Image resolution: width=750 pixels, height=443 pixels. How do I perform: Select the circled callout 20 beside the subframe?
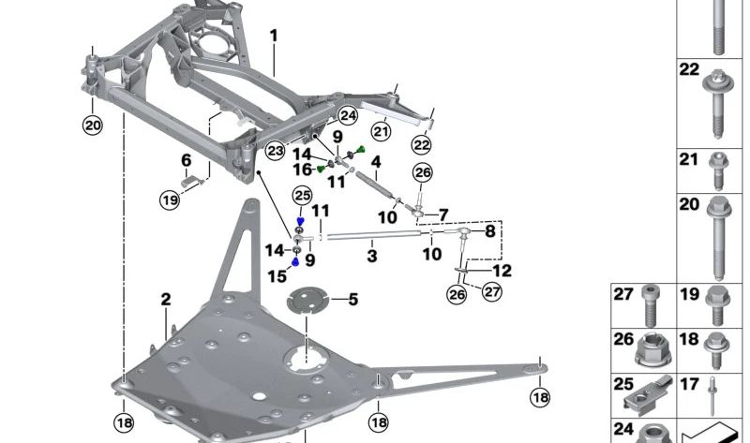click(x=91, y=126)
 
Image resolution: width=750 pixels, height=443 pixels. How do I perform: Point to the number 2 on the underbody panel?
click(x=166, y=301)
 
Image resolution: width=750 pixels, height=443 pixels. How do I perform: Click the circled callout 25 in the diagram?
click(x=301, y=195)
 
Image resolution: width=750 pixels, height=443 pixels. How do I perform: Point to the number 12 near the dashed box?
click(x=502, y=272)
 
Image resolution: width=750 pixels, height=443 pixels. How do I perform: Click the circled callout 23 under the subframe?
click(x=275, y=151)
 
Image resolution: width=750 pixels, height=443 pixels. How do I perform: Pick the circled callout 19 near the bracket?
click(x=169, y=199)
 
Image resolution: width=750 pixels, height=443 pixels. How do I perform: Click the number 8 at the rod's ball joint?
click(x=489, y=230)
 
